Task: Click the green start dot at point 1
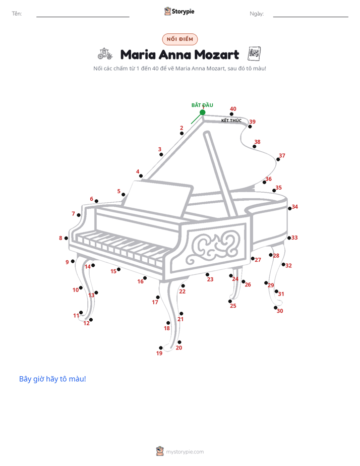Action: click(202, 112)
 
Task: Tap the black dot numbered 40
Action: click(231, 114)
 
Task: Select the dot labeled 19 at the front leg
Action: click(161, 347)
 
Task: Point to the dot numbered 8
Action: click(66, 238)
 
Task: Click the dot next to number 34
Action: click(289, 209)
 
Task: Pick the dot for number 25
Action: click(230, 302)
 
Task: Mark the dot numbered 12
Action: click(91, 320)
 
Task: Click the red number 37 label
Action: click(282, 155)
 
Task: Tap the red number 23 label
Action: click(210, 279)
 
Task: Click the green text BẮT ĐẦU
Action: click(202, 105)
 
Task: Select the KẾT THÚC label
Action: click(231, 121)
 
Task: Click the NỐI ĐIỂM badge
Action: click(180, 39)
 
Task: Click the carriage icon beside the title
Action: click(105, 54)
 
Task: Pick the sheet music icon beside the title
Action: click(254, 54)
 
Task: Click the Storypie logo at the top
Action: click(179, 11)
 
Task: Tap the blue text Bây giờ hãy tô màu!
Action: click(52, 379)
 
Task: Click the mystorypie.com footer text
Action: click(185, 452)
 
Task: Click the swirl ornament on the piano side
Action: click(213, 247)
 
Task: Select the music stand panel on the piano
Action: click(158, 199)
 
